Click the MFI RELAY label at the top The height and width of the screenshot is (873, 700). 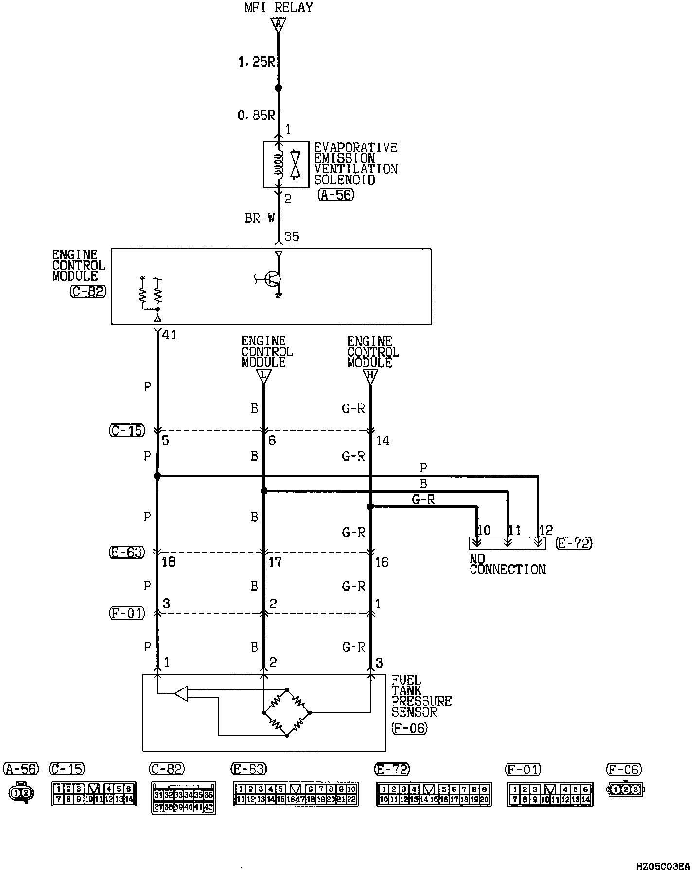pyautogui.click(x=279, y=8)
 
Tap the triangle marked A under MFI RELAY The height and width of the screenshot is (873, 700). pyautogui.click(x=278, y=24)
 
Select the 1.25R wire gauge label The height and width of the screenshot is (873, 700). pyautogui.click(x=256, y=62)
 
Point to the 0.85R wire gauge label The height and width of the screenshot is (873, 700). pyautogui.click(x=256, y=115)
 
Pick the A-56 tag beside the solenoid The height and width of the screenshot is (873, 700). pyautogui.click(x=336, y=195)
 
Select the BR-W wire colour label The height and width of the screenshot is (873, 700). pyautogui.click(x=260, y=218)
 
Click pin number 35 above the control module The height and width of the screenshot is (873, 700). pyautogui.click(x=292, y=237)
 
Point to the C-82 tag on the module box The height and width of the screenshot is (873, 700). pyautogui.click(x=88, y=291)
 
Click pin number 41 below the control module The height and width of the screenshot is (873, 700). pyautogui.click(x=169, y=335)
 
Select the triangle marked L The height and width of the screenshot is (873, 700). pyautogui.click(x=263, y=375)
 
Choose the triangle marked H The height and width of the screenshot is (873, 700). pyautogui.click(x=370, y=375)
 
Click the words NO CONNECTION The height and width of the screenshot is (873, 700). pyautogui.click(x=507, y=564)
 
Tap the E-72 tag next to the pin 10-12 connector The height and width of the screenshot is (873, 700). pyautogui.click(x=575, y=543)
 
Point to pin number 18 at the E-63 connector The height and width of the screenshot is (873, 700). pyautogui.click(x=168, y=562)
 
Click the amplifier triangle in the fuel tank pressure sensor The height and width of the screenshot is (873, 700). pyautogui.click(x=181, y=694)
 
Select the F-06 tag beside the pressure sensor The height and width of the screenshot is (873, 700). pyautogui.click(x=409, y=728)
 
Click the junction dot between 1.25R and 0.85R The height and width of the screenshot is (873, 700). pyautogui.click(x=279, y=88)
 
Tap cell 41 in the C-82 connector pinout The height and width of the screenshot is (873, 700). pyautogui.click(x=198, y=807)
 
